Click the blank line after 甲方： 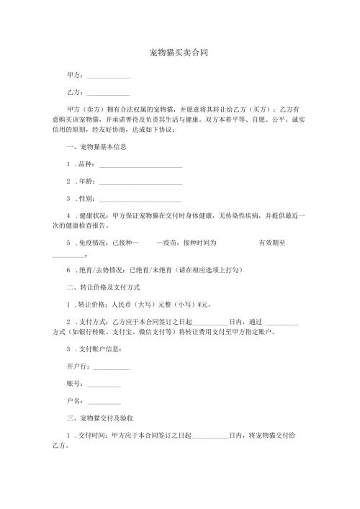[x=107, y=77]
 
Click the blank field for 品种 [x=140, y=166]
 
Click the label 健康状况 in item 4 [x=93, y=215]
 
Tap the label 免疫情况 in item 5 [x=93, y=243]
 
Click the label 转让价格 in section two [x=93, y=305]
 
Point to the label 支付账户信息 [x=98, y=349]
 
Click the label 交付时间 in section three [x=93, y=436]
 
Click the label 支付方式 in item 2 [x=93, y=322]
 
